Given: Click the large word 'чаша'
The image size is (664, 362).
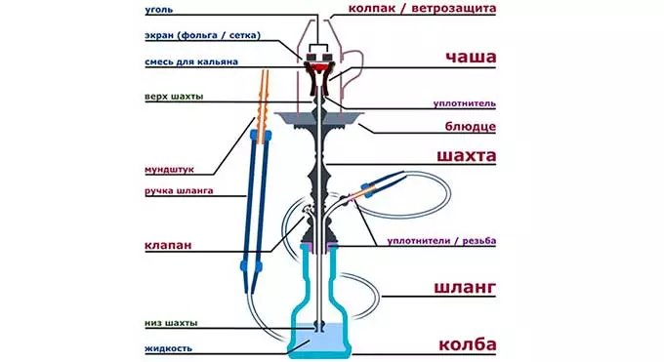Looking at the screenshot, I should tap(471, 57).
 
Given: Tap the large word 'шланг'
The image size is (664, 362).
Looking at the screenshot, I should tap(466, 287).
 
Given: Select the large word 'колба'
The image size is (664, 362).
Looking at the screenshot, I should tap(466, 344).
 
